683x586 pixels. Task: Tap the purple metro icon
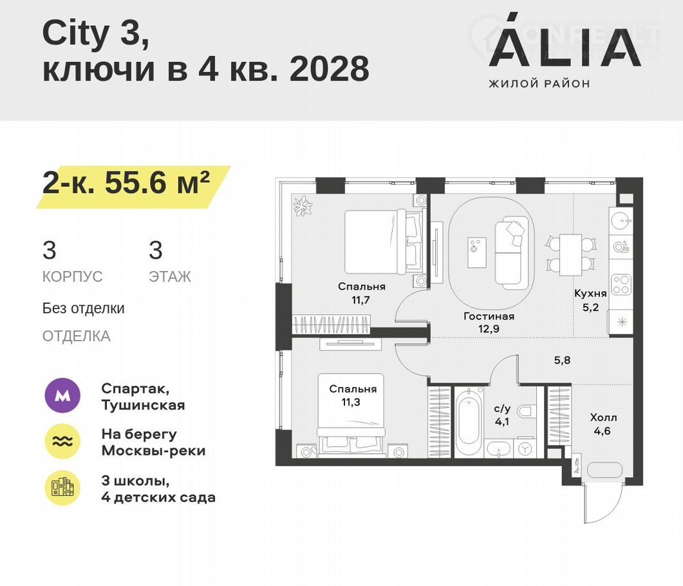pos(62,395)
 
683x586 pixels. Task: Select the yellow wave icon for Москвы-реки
pos(62,441)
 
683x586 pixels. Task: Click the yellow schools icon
pos(62,488)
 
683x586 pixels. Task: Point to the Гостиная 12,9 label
pos(489,323)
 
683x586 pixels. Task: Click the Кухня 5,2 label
pos(590,300)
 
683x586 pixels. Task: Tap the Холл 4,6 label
pos(603,424)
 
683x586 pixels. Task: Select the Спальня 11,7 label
pos(362,293)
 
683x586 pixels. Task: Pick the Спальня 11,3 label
pos(352,395)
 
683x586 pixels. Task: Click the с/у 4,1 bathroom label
pos(502,415)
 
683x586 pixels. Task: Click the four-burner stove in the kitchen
pos(621,285)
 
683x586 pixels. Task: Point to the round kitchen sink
pos(621,220)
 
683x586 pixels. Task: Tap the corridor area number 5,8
pos(562,361)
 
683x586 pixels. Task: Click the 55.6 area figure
pos(135,183)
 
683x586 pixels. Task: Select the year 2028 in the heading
pos(330,69)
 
